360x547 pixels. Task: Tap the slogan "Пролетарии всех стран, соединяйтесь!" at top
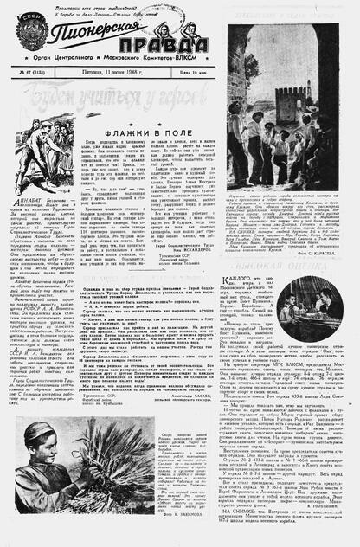coord(108,6)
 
